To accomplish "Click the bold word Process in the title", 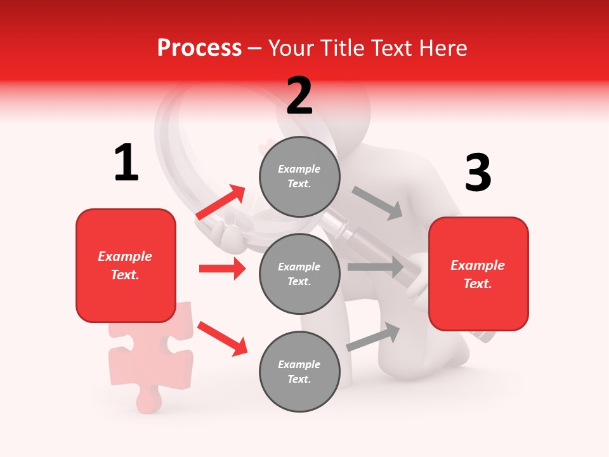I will [199, 48].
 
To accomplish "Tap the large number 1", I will [126, 162].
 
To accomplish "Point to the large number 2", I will [299, 96].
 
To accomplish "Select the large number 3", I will [478, 173].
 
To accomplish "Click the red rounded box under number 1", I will [126, 265].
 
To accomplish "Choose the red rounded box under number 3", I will [478, 274].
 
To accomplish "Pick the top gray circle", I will [299, 176].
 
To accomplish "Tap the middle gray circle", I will [299, 274].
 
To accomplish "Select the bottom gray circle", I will [299, 371].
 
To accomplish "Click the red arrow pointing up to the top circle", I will [221, 202].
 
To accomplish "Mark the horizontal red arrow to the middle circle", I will [222, 268].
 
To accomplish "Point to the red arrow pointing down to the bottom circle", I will [222, 338].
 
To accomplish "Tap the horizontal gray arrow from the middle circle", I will [376, 267].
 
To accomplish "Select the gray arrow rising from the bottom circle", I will [373, 337].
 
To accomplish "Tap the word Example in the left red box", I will [125, 256].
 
